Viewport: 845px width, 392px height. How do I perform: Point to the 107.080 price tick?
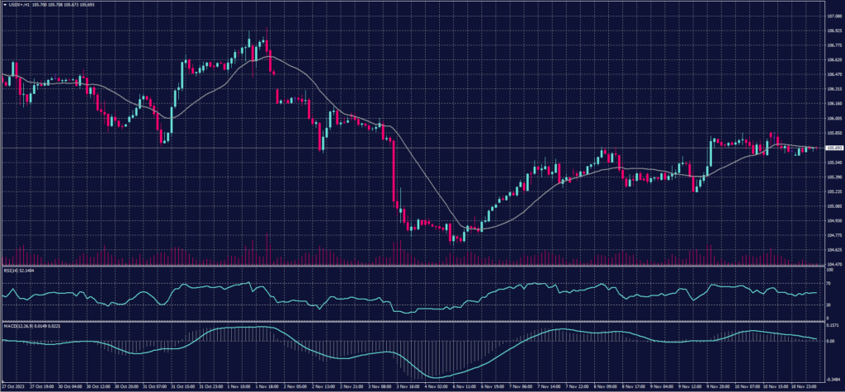[x=831, y=15]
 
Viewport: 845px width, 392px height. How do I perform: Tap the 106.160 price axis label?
[x=831, y=104]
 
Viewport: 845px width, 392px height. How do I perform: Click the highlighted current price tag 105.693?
[x=832, y=149]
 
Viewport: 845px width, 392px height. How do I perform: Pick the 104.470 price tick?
[x=831, y=264]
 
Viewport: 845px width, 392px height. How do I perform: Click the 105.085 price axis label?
[x=831, y=206]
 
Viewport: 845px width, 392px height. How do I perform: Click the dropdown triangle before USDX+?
[x=5, y=3]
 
